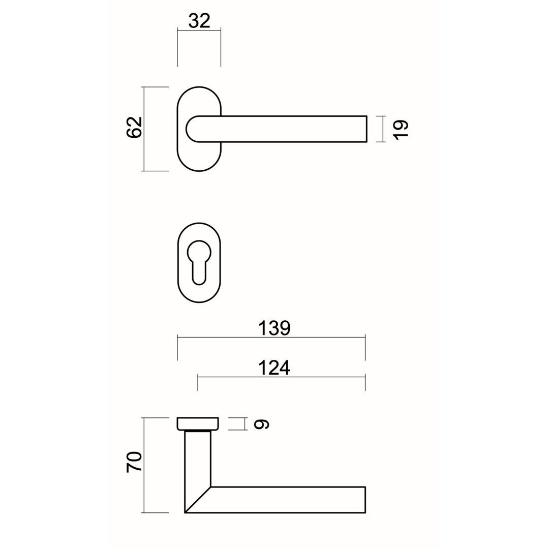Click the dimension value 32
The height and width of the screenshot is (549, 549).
pyautogui.click(x=199, y=20)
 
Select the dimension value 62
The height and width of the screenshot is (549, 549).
pyautogui.click(x=134, y=128)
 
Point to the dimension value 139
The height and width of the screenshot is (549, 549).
pyautogui.click(x=274, y=328)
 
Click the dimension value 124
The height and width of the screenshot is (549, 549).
pyautogui.click(x=274, y=368)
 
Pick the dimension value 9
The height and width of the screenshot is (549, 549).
pyautogui.click(x=261, y=424)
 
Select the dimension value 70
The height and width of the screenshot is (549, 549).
pyautogui.click(x=134, y=462)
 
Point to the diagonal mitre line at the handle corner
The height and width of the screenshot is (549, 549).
pyautogui.click(x=198, y=500)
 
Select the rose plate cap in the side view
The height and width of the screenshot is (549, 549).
pyautogui.click(x=198, y=423)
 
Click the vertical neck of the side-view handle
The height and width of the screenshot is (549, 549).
pyautogui.click(x=198, y=457)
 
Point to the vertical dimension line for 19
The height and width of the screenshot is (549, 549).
pyautogui.click(x=383, y=129)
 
